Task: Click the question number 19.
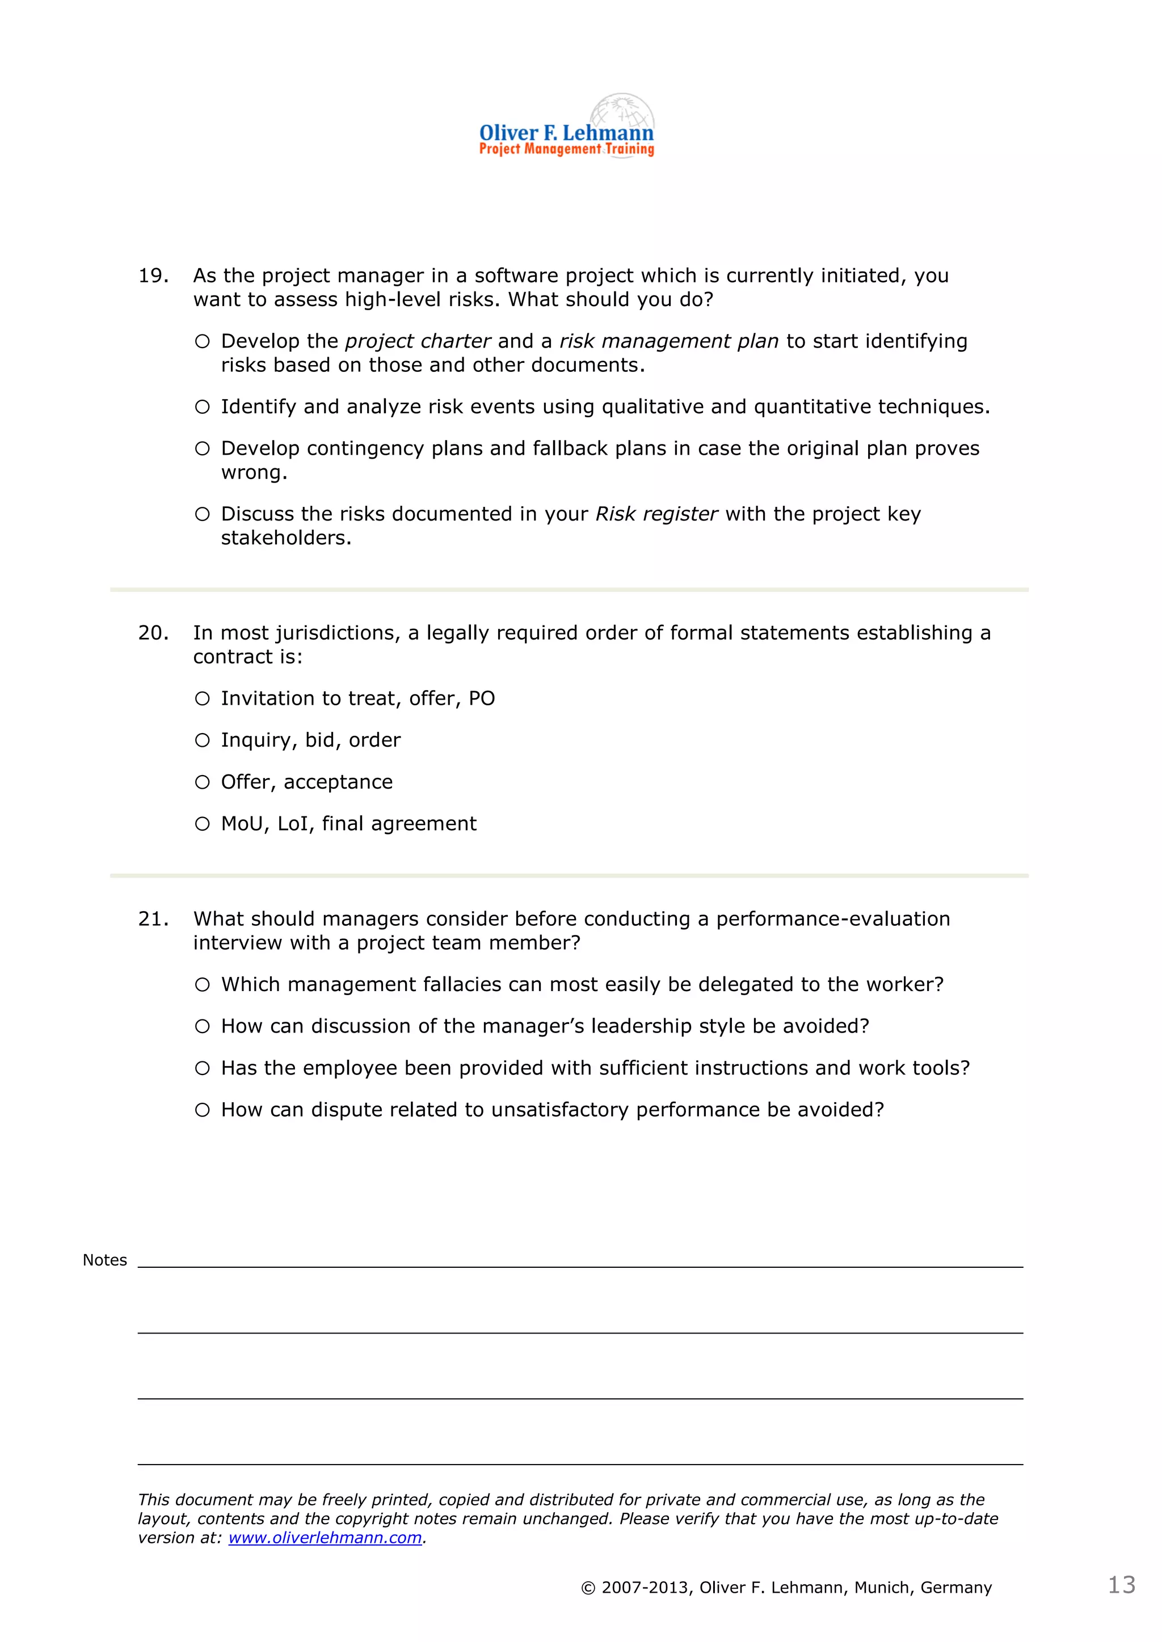pyautogui.click(x=153, y=276)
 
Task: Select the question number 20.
pyautogui.click(x=153, y=633)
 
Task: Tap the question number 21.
pyautogui.click(x=153, y=919)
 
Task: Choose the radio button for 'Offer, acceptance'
pyautogui.click(x=203, y=782)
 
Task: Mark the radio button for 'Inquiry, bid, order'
pyautogui.click(x=203, y=740)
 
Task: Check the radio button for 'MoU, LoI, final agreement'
pyautogui.click(x=203, y=824)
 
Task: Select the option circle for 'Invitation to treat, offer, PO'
pyautogui.click(x=203, y=699)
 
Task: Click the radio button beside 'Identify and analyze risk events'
pyautogui.click(x=203, y=407)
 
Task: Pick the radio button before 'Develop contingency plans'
pyautogui.click(x=203, y=448)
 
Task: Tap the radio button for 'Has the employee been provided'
pyautogui.click(x=203, y=1068)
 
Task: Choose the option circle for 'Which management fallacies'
pyautogui.click(x=203, y=985)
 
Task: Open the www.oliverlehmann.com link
pyautogui.click(x=325, y=1538)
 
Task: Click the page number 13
pyautogui.click(x=1121, y=1585)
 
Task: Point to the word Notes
pyautogui.click(x=104, y=1260)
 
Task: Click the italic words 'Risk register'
pyautogui.click(x=656, y=514)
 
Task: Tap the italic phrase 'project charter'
pyautogui.click(x=418, y=341)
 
